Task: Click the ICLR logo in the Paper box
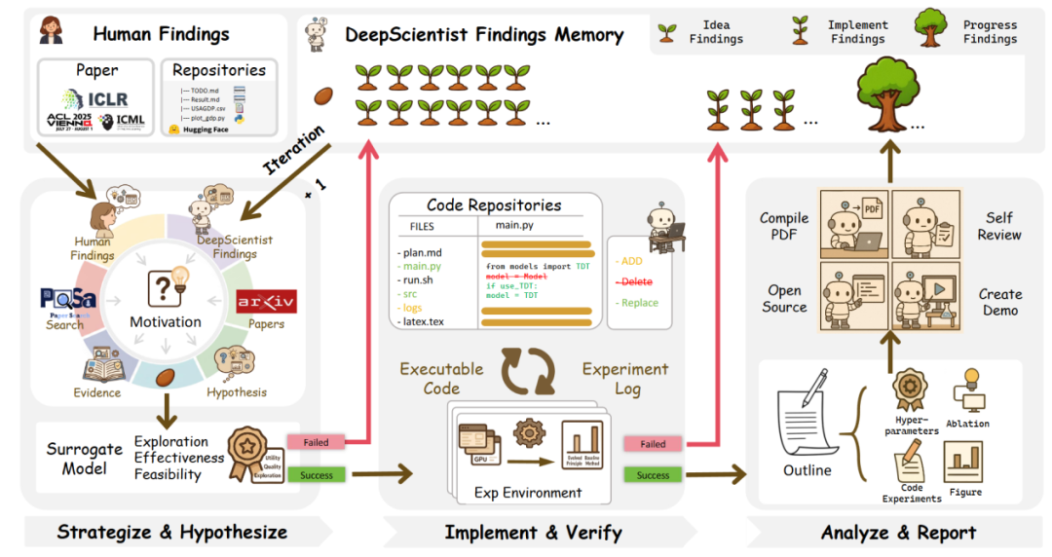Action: point(95,98)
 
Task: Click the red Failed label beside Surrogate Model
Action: point(316,442)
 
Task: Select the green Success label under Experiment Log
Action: point(653,475)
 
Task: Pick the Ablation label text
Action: point(967,424)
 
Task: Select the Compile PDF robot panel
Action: point(851,222)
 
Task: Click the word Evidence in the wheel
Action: point(97,392)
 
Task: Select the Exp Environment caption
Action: point(527,492)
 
